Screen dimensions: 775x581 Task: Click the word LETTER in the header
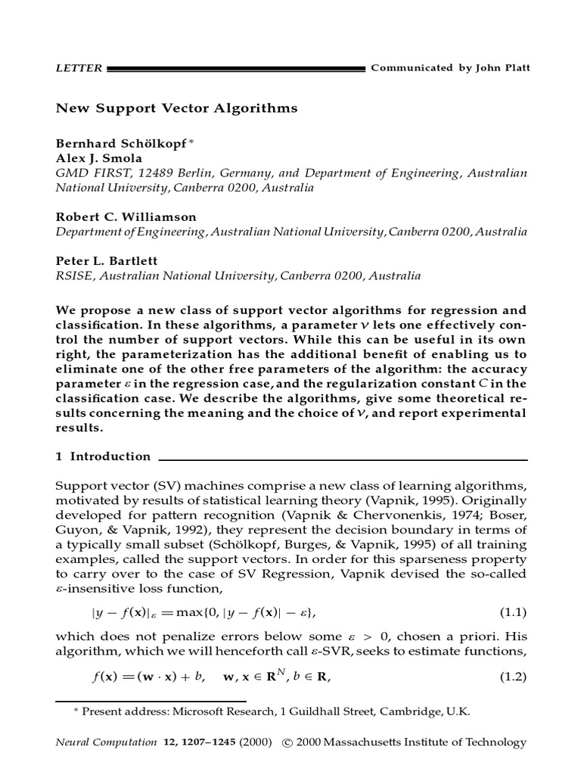[79, 68]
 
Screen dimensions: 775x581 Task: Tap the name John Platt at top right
[504, 68]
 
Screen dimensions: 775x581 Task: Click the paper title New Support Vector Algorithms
[177, 108]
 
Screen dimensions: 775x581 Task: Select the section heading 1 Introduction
[104, 456]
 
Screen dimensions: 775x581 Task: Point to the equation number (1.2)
[512, 677]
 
